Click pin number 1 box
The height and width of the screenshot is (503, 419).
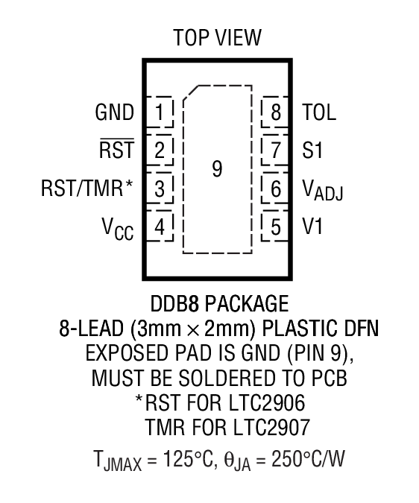tap(160, 113)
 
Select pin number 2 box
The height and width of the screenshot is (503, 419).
tap(160, 151)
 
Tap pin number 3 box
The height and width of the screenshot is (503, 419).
tap(160, 189)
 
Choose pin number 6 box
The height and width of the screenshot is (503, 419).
tap(275, 189)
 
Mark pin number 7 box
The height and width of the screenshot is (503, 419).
tap(275, 151)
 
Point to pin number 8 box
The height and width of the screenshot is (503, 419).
tap(275, 113)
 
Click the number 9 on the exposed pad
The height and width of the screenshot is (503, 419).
tap(217, 170)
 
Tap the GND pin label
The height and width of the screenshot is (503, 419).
tap(114, 113)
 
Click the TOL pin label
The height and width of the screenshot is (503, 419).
tap(319, 113)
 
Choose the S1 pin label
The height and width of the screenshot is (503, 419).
tap(312, 151)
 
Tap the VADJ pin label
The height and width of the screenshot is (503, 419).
tap(323, 191)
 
